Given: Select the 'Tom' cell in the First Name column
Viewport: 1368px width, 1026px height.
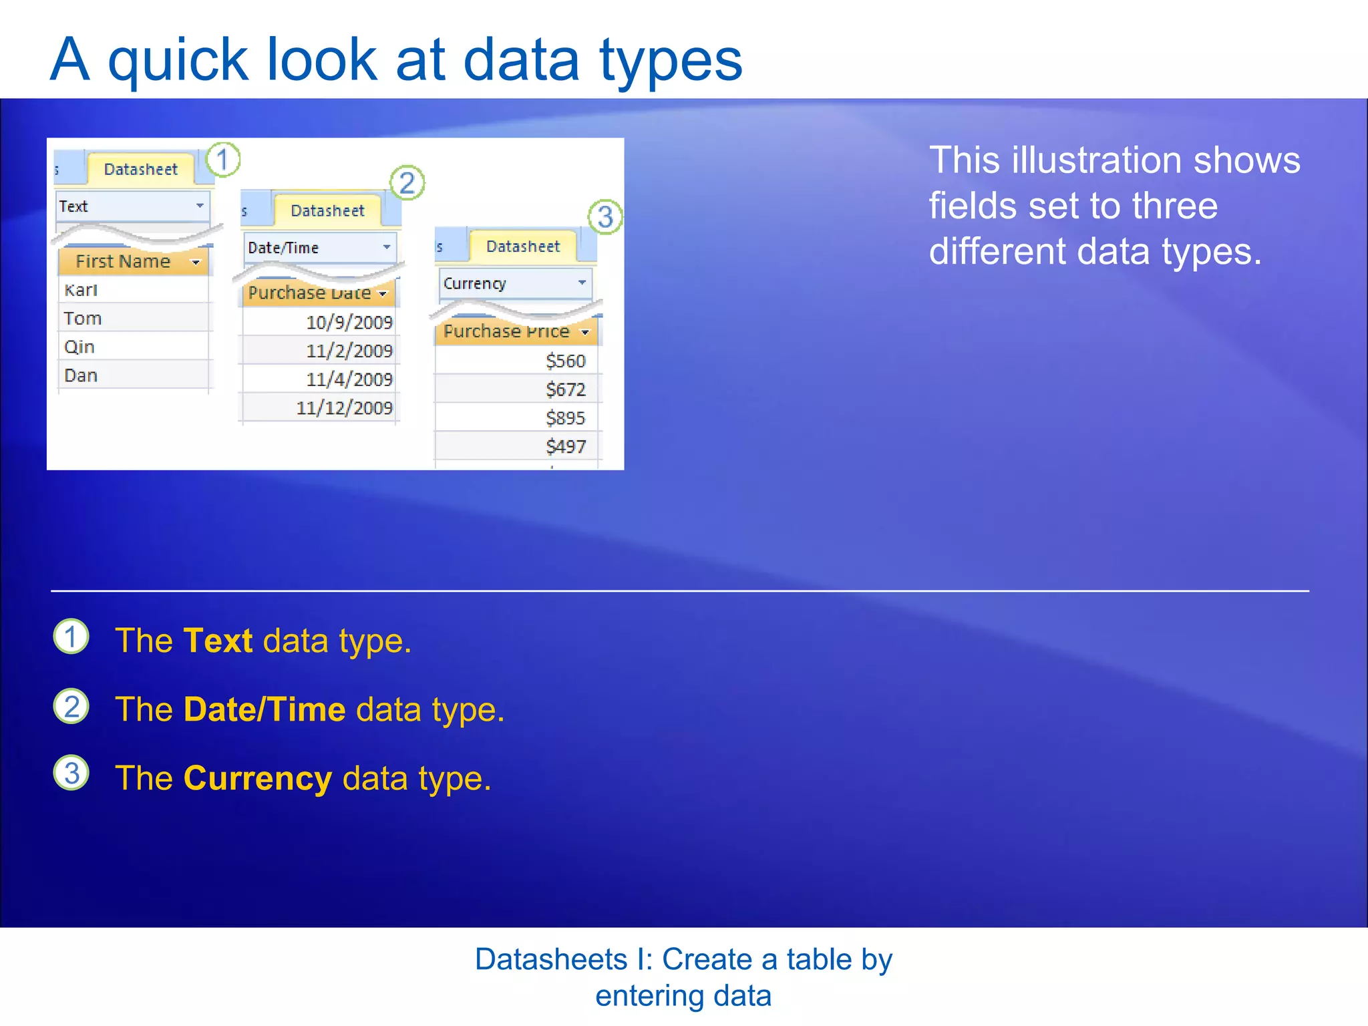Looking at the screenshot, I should pos(83,319).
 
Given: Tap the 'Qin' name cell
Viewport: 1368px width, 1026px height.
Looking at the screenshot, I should pos(79,347).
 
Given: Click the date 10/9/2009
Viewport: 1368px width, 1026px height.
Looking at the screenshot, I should pos(349,323).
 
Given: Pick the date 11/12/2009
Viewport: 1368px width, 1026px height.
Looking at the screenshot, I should pos(344,408).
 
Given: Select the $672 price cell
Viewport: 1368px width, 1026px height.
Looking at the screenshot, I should pos(565,389).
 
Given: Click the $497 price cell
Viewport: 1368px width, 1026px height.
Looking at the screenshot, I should pos(565,446).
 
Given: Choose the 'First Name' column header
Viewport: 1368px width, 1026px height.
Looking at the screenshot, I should pos(124,262).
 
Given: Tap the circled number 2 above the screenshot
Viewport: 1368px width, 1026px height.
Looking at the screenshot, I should pos(407,183).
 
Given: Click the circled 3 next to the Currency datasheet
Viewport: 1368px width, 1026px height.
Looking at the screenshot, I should pos(605,216).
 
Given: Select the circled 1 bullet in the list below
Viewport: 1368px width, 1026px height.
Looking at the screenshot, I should pos(71,637).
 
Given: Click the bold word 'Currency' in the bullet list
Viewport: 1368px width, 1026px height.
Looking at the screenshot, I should pos(257,779).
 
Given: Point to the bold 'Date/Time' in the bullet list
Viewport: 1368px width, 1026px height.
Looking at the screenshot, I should pos(265,709).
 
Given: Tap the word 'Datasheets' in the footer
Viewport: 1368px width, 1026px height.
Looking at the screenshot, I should pos(550,960).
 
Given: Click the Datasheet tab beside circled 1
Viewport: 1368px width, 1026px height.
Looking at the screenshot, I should pos(140,169).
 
